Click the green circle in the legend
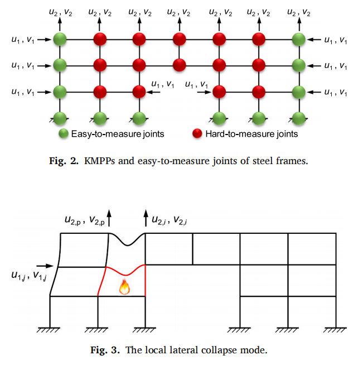pyautogui.click(x=64, y=134)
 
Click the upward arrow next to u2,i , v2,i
pyautogui.click(x=146, y=215)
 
